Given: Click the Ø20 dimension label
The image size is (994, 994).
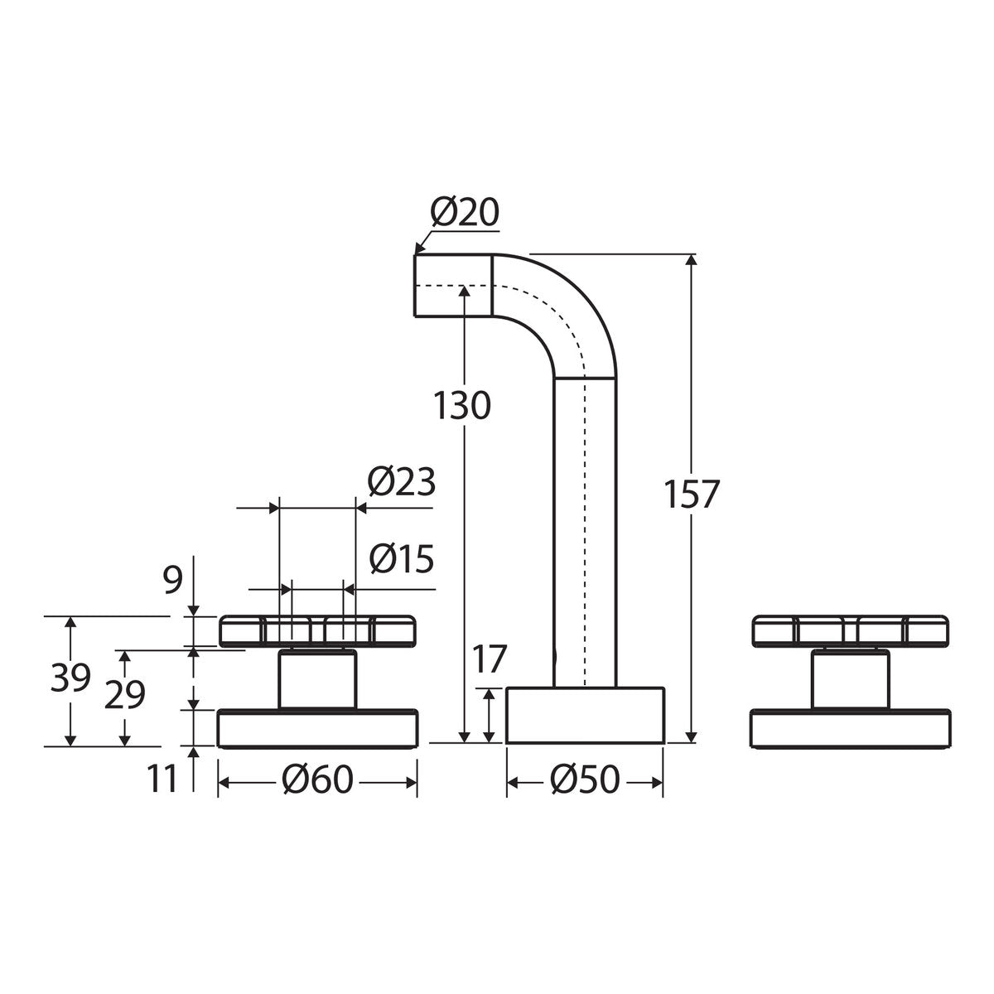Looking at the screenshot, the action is pos(465,212).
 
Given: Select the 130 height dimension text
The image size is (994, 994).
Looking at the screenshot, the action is pos(462,405).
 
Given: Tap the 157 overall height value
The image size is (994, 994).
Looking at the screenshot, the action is pos(691,494).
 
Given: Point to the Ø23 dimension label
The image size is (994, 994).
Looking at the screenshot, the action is pos(401,482).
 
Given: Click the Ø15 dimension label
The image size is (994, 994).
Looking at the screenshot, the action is pos(402,559).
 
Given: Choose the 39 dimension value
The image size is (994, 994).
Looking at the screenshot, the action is pos(70,678).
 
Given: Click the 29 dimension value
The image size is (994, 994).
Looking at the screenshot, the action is pos(125,695).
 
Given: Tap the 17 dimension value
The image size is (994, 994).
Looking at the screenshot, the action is pos(489,659).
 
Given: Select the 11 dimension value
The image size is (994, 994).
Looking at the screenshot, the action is pos(162,778).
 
